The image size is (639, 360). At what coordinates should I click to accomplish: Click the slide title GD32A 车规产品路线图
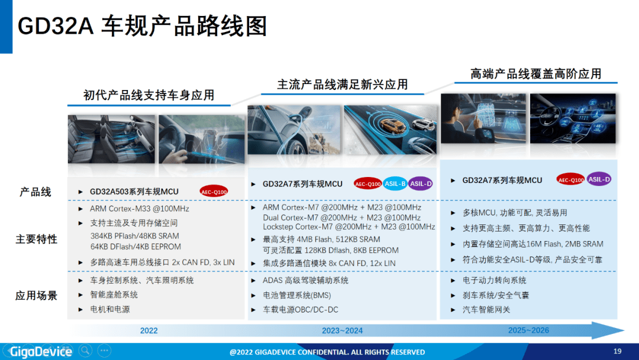tap(142, 26)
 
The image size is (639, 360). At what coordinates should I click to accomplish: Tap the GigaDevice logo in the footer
tap(41, 352)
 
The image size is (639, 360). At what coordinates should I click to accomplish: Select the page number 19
tap(617, 351)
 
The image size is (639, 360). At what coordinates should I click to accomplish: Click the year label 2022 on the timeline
tap(149, 330)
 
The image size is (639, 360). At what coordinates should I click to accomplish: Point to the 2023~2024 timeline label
tap(343, 330)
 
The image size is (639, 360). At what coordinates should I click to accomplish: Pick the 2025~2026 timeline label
tap(528, 330)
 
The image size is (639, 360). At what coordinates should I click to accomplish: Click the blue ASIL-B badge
tap(395, 184)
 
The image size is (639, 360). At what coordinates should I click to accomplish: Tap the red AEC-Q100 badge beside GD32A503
tap(214, 192)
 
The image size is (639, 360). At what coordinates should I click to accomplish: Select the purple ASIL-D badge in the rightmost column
tap(599, 179)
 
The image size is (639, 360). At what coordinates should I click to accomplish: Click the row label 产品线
tap(35, 192)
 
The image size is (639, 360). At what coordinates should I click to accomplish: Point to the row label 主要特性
tap(36, 239)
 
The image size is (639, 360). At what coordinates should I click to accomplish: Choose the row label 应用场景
tap(36, 295)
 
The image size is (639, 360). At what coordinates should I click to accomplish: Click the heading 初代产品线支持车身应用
tap(149, 95)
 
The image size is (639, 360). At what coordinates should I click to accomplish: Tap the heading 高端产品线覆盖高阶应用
tap(536, 74)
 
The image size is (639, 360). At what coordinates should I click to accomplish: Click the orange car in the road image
tap(392, 126)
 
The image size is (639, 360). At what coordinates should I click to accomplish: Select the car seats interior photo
tap(111, 139)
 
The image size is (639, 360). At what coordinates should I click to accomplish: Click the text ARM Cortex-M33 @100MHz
tap(140, 209)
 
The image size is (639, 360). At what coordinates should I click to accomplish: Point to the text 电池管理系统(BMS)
tap(296, 295)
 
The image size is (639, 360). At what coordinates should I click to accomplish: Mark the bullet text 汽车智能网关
tap(486, 310)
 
